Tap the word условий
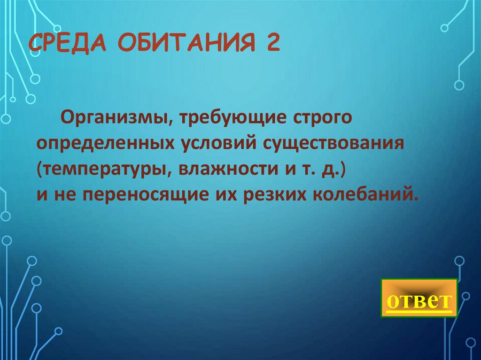(x=213, y=143)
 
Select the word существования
(x=330, y=143)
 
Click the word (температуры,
(x=101, y=169)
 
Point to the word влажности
(x=226, y=169)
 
